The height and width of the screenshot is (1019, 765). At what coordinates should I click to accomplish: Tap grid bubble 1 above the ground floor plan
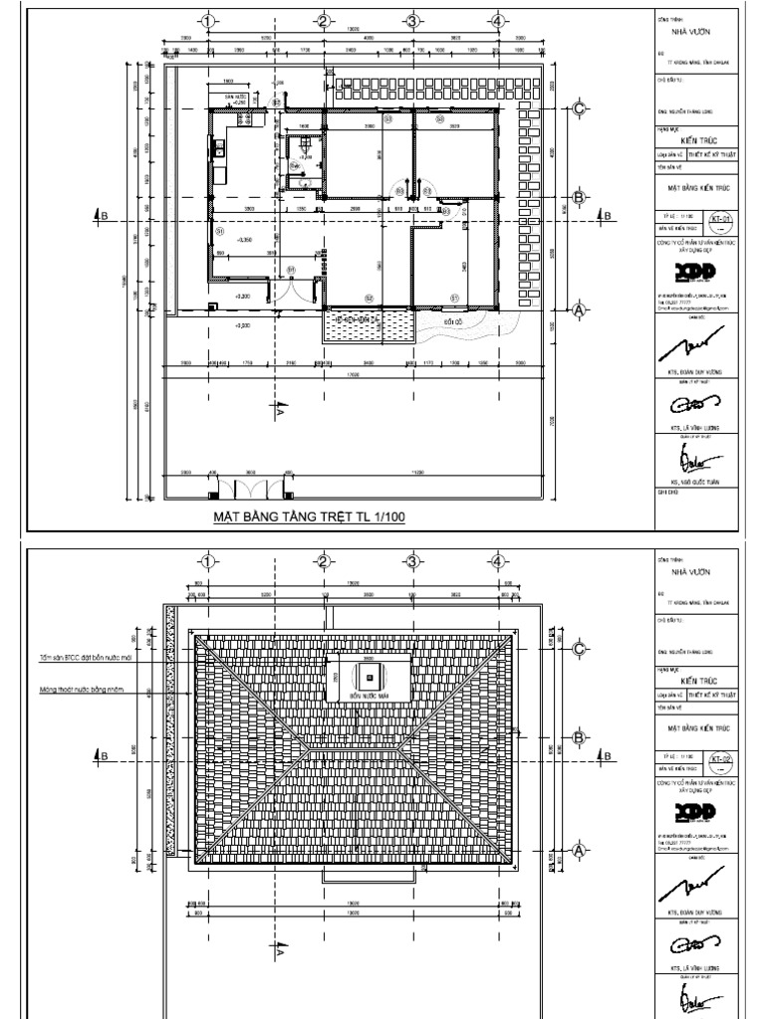click(x=208, y=20)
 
